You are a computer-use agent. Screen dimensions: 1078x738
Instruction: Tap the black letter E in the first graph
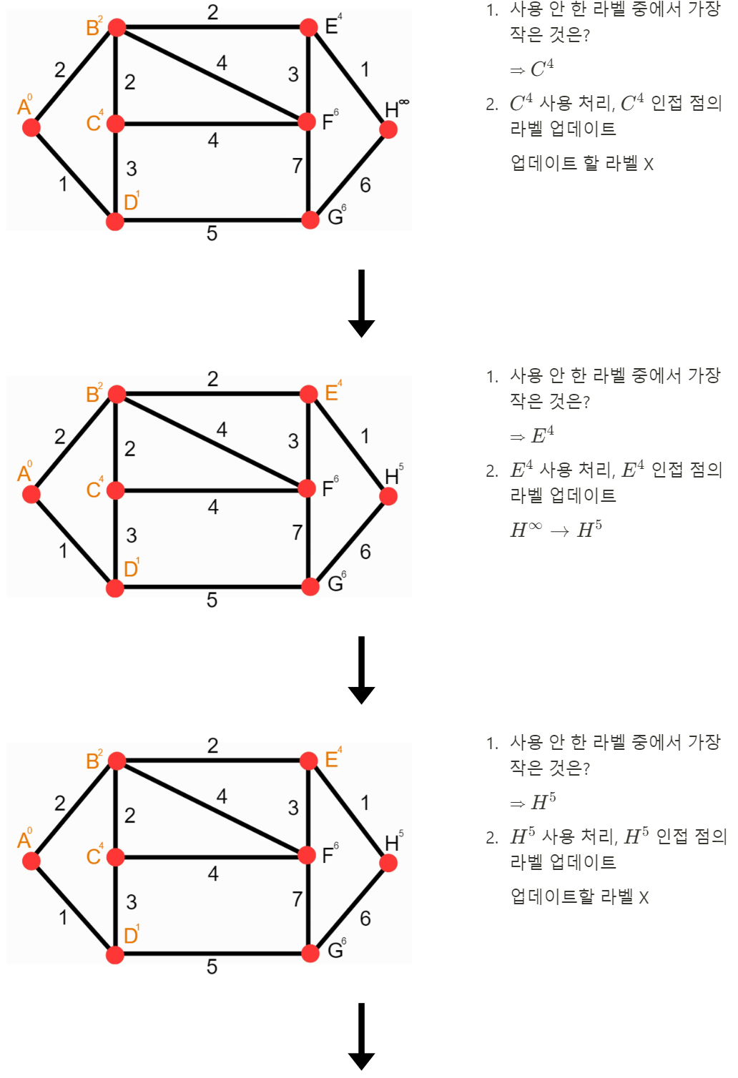pyautogui.click(x=332, y=26)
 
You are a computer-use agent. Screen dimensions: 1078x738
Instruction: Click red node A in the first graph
pyautogui.click(x=31, y=127)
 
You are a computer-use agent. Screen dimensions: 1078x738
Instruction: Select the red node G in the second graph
pyautogui.click(x=310, y=587)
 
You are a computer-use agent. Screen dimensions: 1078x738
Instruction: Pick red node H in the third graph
pyautogui.click(x=388, y=863)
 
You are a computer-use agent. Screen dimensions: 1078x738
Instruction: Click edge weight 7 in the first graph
pyautogui.click(x=297, y=166)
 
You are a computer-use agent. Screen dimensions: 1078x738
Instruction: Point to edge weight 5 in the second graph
pyautogui.click(x=212, y=600)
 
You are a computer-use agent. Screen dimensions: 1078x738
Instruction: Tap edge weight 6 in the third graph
pyautogui.click(x=365, y=919)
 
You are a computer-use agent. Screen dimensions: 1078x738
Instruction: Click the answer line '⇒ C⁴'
pyautogui.click(x=532, y=69)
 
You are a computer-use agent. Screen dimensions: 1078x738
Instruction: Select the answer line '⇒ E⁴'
pyautogui.click(x=532, y=436)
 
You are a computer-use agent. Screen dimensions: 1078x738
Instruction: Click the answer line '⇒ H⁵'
pyautogui.click(x=533, y=803)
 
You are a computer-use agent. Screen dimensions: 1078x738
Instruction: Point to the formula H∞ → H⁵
pyautogui.click(x=556, y=530)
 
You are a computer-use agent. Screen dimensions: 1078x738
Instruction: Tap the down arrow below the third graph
pyautogui.click(x=361, y=1037)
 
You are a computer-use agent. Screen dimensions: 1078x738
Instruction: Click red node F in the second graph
pyautogui.click(x=307, y=489)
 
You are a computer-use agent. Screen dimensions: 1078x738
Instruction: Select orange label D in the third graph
pyautogui.click(x=131, y=936)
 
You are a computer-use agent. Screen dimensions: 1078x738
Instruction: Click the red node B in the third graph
pyautogui.click(x=117, y=761)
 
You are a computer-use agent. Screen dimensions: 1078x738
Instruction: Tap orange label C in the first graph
pyautogui.click(x=94, y=123)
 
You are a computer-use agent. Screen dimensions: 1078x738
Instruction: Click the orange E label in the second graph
pyautogui.click(x=332, y=393)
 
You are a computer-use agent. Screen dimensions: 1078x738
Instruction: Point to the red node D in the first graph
pyautogui.click(x=115, y=222)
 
